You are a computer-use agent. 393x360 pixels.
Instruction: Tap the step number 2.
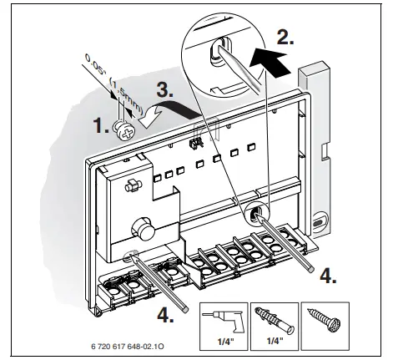(285, 37)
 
